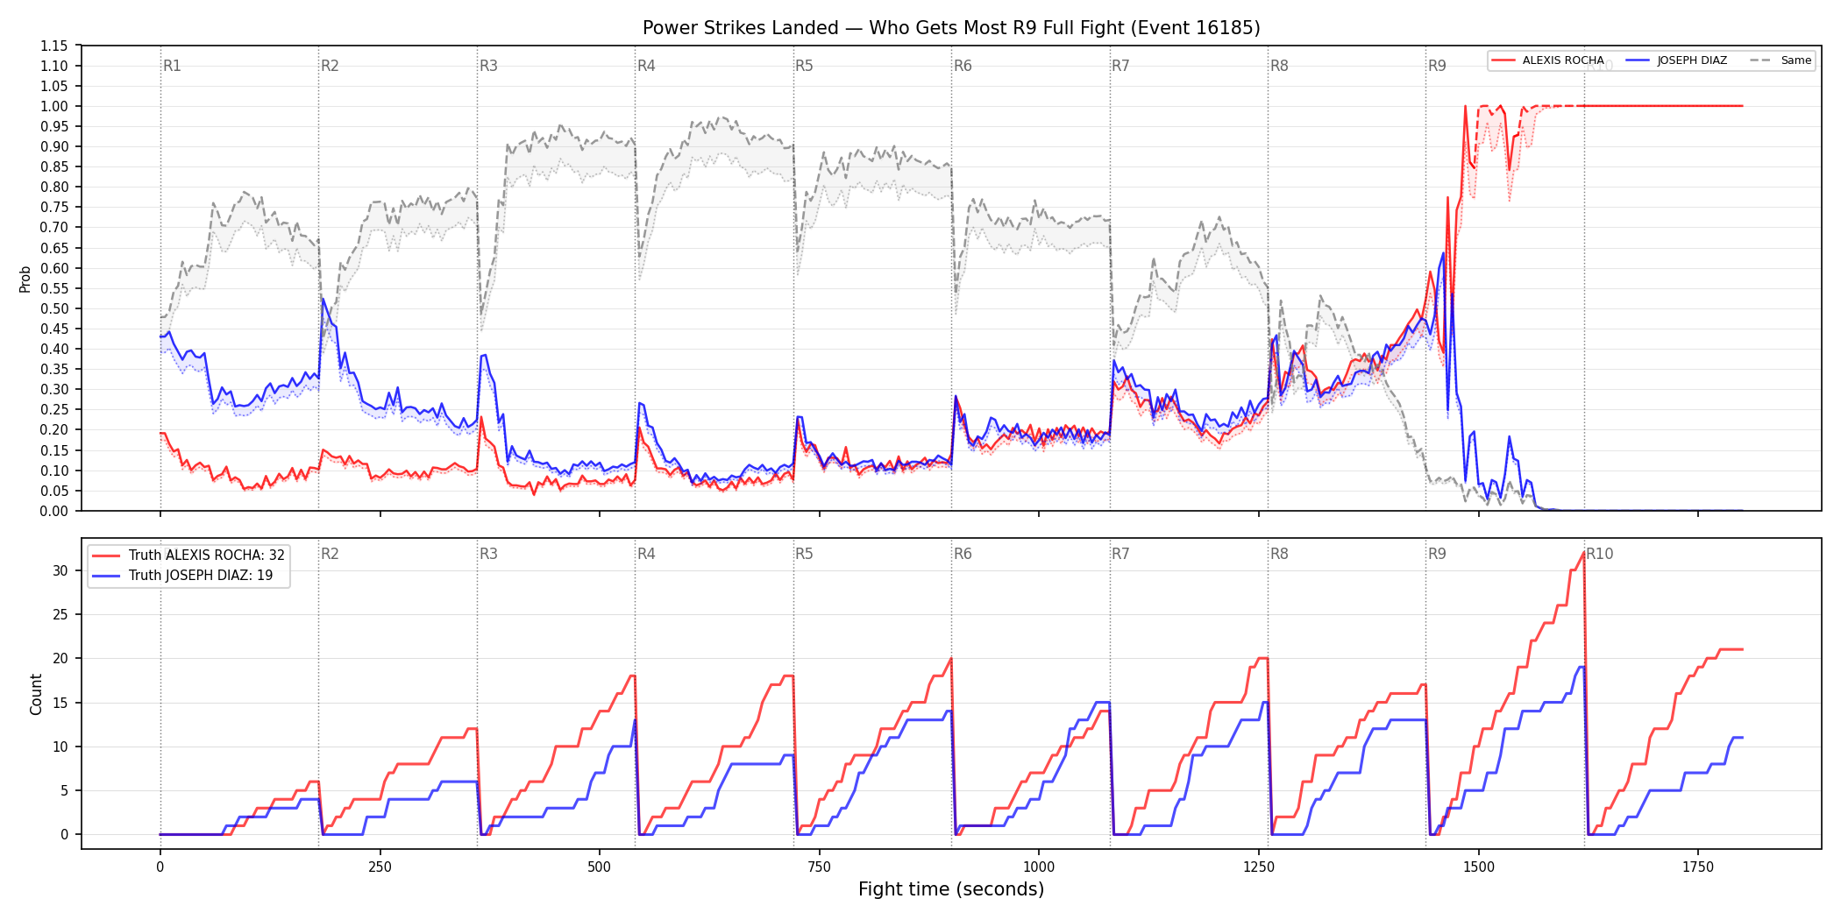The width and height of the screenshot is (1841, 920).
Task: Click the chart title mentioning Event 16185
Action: (x=951, y=28)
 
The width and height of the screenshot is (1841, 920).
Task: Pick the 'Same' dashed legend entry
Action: (x=1781, y=60)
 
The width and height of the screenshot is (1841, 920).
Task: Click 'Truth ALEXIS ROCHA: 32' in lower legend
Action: (x=188, y=555)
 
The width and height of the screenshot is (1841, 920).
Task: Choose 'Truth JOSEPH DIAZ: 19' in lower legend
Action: (x=182, y=575)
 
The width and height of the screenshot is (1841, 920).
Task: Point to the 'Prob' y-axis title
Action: (x=25, y=279)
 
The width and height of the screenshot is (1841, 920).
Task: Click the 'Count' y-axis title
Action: (x=36, y=694)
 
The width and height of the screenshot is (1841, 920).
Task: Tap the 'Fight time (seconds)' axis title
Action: (x=951, y=889)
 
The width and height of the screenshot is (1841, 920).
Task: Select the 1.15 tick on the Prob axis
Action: (x=54, y=46)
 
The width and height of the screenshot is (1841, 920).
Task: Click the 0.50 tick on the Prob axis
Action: (x=54, y=308)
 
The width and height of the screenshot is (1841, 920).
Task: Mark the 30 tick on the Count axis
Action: (x=60, y=570)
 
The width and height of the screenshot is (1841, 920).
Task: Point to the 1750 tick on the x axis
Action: (x=1698, y=867)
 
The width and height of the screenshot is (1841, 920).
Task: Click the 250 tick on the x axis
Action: (x=380, y=867)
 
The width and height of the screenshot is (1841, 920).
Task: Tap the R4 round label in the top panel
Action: (x=646, y=66)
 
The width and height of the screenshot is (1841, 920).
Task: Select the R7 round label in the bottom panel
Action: (x=1120, y=554)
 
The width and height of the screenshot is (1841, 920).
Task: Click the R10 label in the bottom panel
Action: (x=1600, y=554)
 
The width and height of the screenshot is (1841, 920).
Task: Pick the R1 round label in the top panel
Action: (x=172, y=66)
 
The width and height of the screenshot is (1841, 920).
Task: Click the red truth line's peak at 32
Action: (x=1583, y=553)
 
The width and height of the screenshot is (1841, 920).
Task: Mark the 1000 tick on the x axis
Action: (x=1039, y=867)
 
